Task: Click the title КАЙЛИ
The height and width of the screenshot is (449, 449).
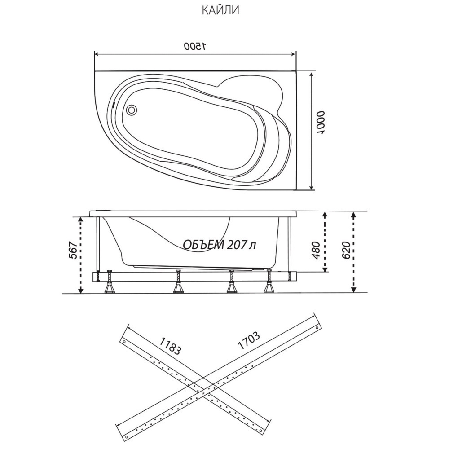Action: pos(220,10)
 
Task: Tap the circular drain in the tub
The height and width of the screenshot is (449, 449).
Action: pos(132,110)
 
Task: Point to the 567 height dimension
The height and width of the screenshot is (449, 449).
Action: pos(73,251)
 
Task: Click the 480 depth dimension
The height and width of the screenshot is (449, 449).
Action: pos(316,250)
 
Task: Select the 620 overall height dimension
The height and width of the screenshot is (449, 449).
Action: pos(346,250)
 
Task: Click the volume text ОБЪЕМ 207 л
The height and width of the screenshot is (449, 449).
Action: pos(220,245)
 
